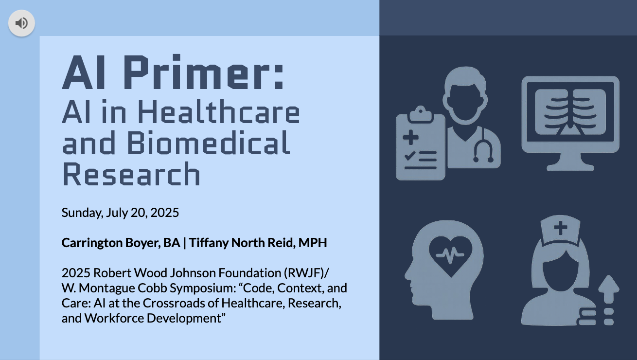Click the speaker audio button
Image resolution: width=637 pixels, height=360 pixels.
click(x=21, y=23)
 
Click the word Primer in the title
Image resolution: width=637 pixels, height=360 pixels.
click(x=203, y=72)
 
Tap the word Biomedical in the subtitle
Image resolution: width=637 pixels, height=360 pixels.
click(x=209, y=143)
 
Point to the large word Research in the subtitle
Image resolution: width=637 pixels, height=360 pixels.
click(x=131, y=174)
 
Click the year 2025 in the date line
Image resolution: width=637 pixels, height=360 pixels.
click(x=165, y=213)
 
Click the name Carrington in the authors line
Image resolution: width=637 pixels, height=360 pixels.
click(x=92, y=243)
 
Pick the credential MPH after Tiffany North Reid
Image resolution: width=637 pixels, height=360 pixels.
click(x=313, y=243)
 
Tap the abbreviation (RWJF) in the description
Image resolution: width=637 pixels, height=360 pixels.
click(x=306, y=273)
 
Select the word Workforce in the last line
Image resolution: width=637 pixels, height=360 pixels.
click(x=114, y=318)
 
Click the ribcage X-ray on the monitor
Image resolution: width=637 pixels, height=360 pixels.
click(x=570, y=112)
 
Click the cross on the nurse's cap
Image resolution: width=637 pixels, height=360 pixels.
click(x=561, y=228)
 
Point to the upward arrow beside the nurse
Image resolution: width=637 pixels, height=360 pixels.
click(x=609, y=289)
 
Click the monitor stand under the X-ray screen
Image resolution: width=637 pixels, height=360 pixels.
click(x=570, y=162)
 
